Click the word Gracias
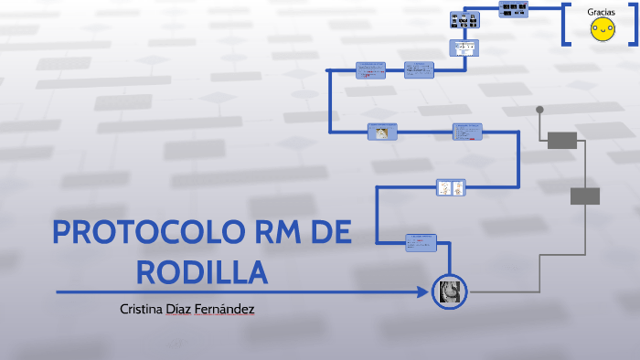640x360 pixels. point(601,12)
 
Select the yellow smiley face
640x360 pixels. point(601,31)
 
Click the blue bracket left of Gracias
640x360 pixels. point(565,25)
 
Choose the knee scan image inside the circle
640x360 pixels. point(450,291)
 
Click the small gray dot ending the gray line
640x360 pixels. point(539,110)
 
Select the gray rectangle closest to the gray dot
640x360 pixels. point(562,140)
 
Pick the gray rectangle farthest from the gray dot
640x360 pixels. point(585,196)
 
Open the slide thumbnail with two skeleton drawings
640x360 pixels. point(451,187)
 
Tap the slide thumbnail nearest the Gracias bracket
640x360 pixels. point(513,9)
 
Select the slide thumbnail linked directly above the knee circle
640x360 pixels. point(421,242)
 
